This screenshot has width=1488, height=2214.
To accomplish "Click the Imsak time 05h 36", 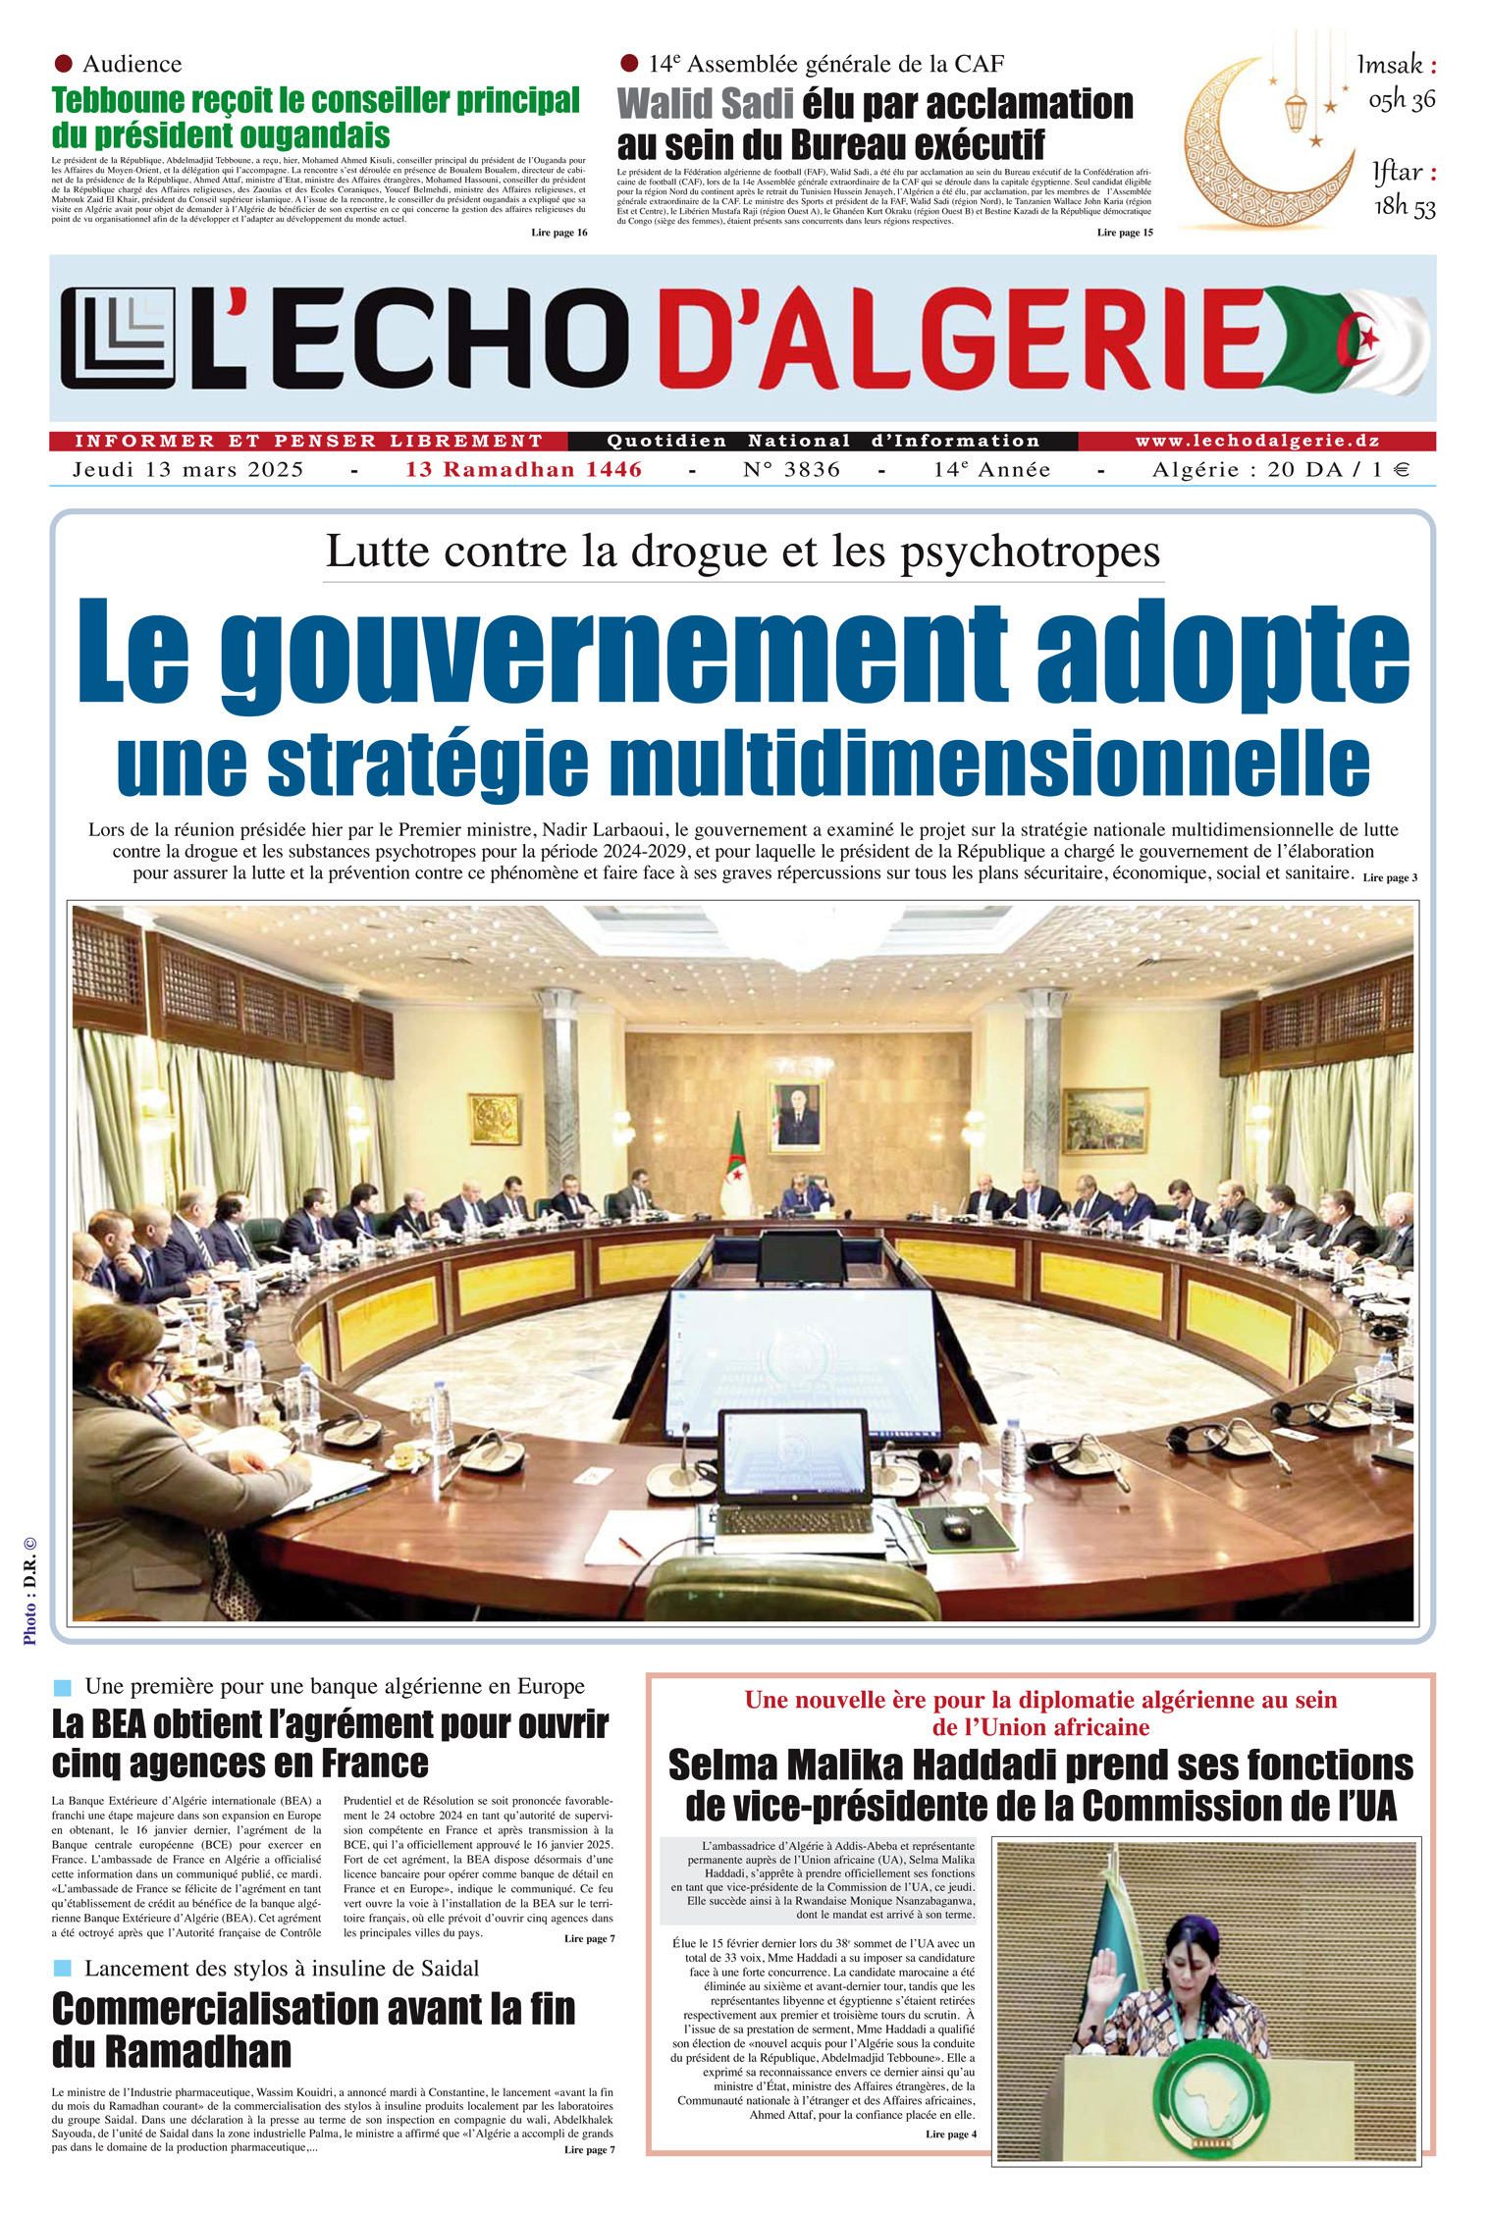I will [1402, 99].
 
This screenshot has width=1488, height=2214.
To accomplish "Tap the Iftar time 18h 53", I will [1404, 206].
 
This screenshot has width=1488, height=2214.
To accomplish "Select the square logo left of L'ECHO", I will [118, 338].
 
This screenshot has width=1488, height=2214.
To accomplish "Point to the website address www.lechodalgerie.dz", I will [1256, 442].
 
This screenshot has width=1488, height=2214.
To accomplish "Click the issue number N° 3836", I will [791, 470].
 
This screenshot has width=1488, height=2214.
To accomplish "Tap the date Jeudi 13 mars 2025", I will [188, 470].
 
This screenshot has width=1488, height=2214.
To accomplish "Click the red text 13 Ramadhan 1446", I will [523, 470].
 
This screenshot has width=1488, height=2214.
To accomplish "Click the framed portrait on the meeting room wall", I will [795, 1115].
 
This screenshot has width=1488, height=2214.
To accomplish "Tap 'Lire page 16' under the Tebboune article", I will [558, 233].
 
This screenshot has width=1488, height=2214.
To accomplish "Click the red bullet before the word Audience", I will [64, 64].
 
